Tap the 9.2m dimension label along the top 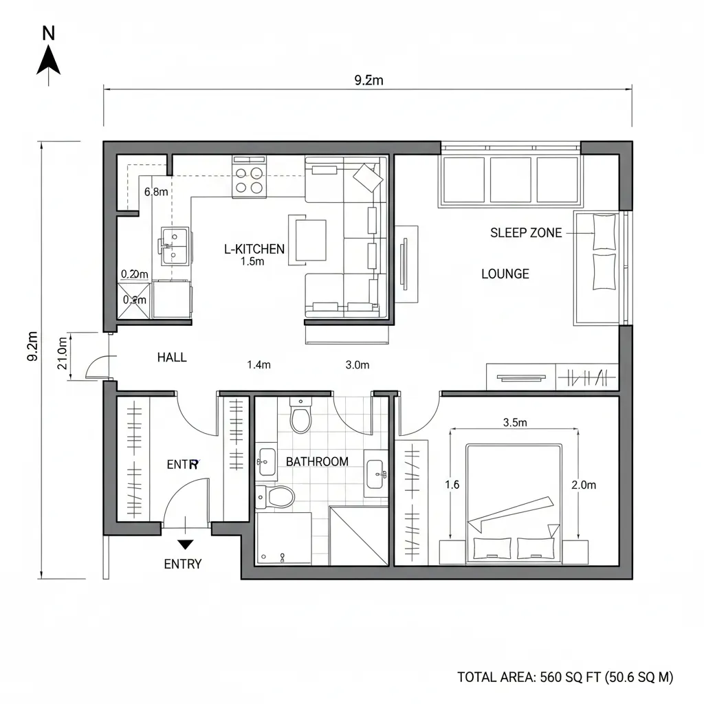[368, 80]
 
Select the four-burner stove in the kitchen [249, 178]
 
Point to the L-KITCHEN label [254, 249]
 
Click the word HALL [171, 357]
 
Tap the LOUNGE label [505, 274]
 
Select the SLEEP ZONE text [526, 233]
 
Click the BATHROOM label [317, 461]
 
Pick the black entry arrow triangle [185, 545]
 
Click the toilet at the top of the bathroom [300, 416]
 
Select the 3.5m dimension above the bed [514, 423]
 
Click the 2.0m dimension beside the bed [584, 485]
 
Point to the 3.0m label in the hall [357, 365]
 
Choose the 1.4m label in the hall [258, 365]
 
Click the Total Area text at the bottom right [565, 676]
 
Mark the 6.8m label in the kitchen [156, 192]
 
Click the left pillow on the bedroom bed [492, 548]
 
